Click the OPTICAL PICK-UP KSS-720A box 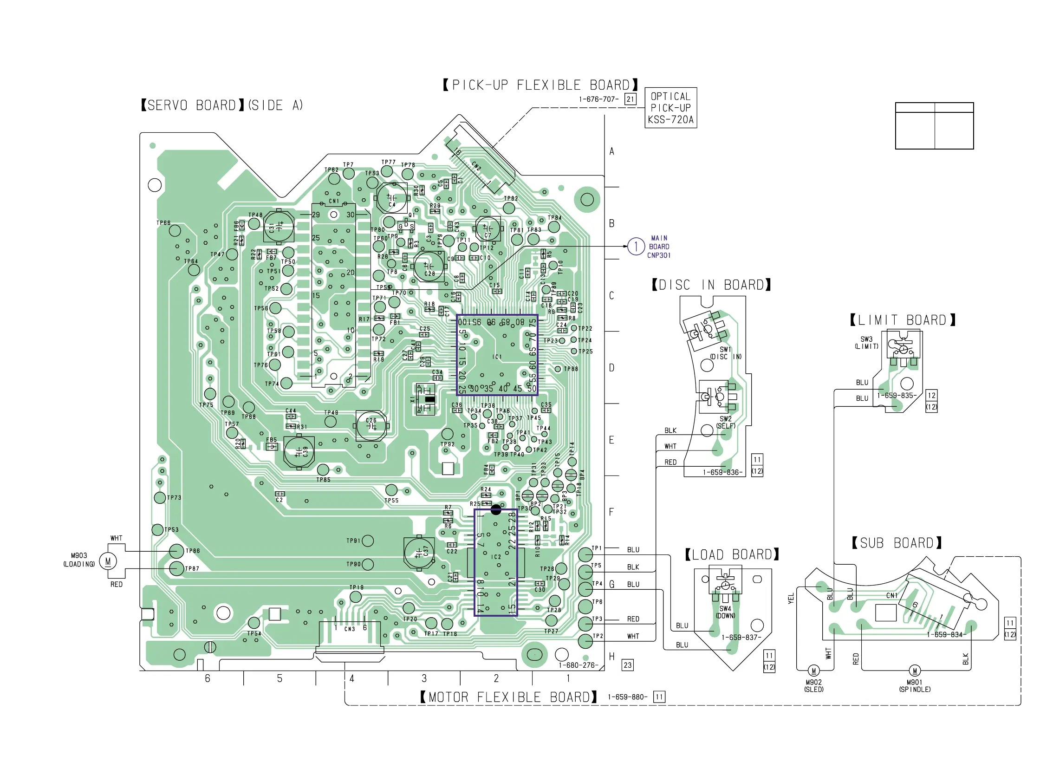(x=670, y=108)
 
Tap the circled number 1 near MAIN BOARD (x=636, y=246)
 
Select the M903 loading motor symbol (x=108, y=561)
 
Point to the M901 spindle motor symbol (x=915, y=671)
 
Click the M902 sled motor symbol (x=814, y=671)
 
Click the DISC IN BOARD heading (x=711, y=285)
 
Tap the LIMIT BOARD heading (x=903, y=320)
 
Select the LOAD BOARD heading (x=732, y=555)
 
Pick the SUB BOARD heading (x=897, y=543)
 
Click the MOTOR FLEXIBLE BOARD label (x=509, y=697)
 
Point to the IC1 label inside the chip (x=497, y=357)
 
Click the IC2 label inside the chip (x=496, y=557)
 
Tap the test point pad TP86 (x=176, y=551)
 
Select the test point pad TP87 (x=176, y=568)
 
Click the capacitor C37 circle (x=419, y=553)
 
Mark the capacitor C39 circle (x=299, y=451)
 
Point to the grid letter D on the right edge (x=611, y=368)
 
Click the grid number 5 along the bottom (x=280, y=678)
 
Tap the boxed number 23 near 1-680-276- (x=628, y=665)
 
